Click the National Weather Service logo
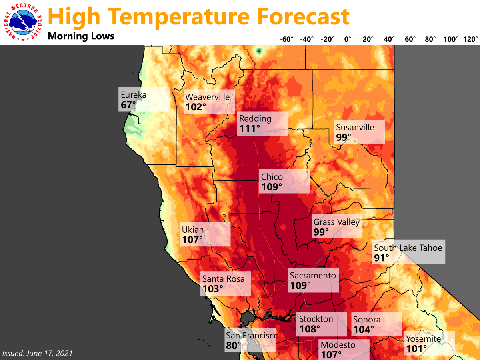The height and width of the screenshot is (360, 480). coord(23,22)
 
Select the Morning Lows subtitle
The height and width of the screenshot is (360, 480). coord(81,36)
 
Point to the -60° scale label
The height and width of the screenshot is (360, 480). coord(286,39)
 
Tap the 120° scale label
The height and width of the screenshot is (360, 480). coord(471,39)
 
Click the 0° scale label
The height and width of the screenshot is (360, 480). coord(347,39)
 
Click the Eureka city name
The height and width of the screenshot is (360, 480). coord(134,95)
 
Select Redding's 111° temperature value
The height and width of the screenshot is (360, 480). coord(250,128)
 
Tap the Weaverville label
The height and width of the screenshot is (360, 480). coord(207,97)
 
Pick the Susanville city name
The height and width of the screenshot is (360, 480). coord(355,127)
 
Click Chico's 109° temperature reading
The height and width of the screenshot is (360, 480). coord(272,186)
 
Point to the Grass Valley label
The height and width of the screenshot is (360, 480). coord(336,222)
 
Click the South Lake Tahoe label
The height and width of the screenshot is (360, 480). coord(408,248)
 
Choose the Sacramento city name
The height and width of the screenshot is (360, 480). coord(313,275)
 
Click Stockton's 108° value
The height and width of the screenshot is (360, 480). coord(310,329)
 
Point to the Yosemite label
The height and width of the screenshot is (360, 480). coord(424,339)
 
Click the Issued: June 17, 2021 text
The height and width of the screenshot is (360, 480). coord(38,353)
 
